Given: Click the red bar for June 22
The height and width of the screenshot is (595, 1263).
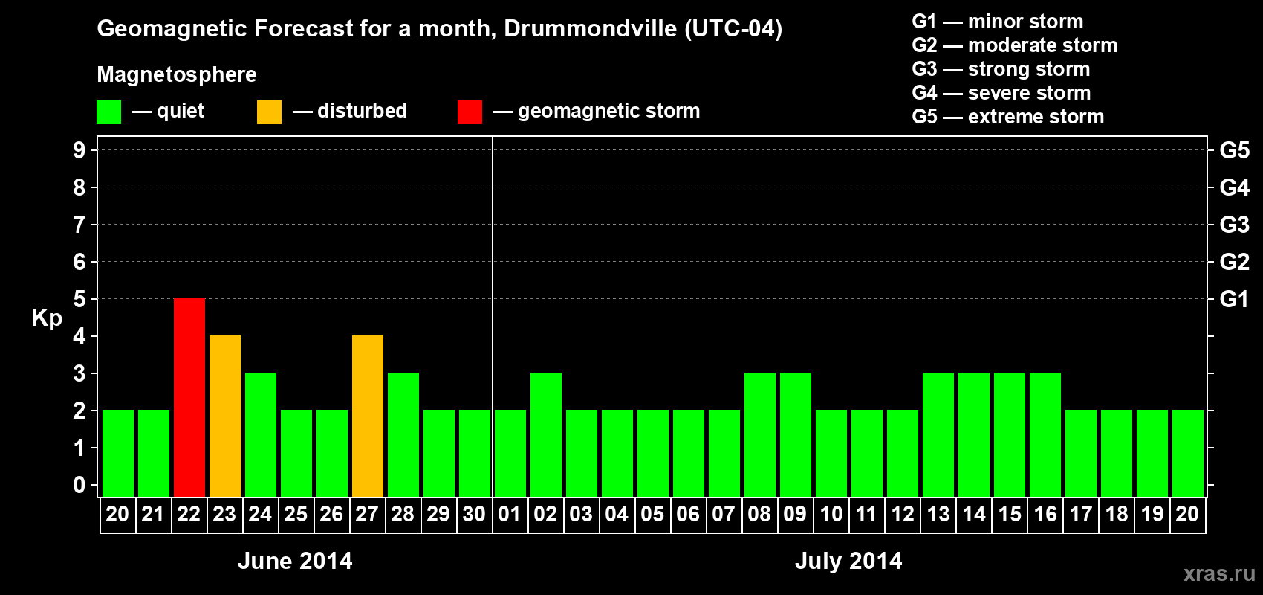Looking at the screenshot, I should (x=189, y=397).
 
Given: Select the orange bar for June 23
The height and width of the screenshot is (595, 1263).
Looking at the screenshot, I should (x=225, y=416).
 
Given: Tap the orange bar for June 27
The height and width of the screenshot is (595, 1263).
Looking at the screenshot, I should (x=368, y=416).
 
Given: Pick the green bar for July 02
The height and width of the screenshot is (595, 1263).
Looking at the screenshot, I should (x=546, y=434).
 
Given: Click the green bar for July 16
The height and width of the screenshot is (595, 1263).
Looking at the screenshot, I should (x=1045, y=434).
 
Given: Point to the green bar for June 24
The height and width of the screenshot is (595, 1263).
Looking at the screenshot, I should (x=261, y=434).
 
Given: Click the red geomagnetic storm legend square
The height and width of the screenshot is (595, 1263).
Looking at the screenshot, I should (x=470, y=112).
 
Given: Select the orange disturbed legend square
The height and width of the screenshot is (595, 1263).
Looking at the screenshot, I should (x=269, y=112).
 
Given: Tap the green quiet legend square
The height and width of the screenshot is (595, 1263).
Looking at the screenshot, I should (x=108, y=112).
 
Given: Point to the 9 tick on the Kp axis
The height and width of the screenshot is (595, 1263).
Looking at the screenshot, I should (x=79, y=150).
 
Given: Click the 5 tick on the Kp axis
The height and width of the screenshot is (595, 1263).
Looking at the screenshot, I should (x=79, y=299).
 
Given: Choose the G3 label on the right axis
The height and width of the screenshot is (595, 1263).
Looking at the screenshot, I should (x=1234, y=225).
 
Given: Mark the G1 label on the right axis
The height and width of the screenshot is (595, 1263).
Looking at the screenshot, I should (x=1234, y=299).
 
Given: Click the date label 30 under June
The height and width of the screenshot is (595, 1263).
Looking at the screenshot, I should (x=474, y=514).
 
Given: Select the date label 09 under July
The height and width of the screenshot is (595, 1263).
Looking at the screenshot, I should (x=795, y=514).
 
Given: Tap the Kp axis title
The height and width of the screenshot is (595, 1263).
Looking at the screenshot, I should (x=47, y=318).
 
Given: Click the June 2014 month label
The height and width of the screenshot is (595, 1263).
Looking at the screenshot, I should (x=295, y=561).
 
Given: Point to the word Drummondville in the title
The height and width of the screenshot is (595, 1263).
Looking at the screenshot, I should (x=591, y=29).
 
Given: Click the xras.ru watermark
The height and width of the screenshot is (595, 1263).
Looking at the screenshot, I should (x=1219, y=573).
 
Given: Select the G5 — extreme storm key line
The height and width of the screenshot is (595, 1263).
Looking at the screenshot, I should (x=1008, y=117).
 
